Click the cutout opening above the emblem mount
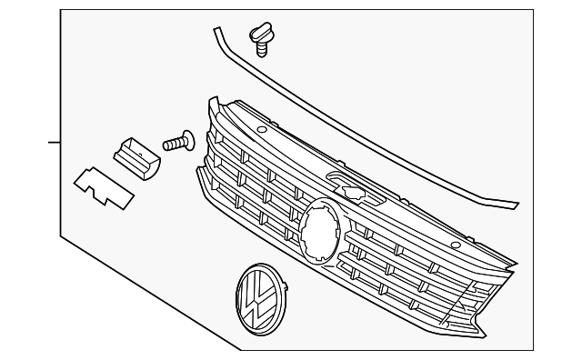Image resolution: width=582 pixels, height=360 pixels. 351,190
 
